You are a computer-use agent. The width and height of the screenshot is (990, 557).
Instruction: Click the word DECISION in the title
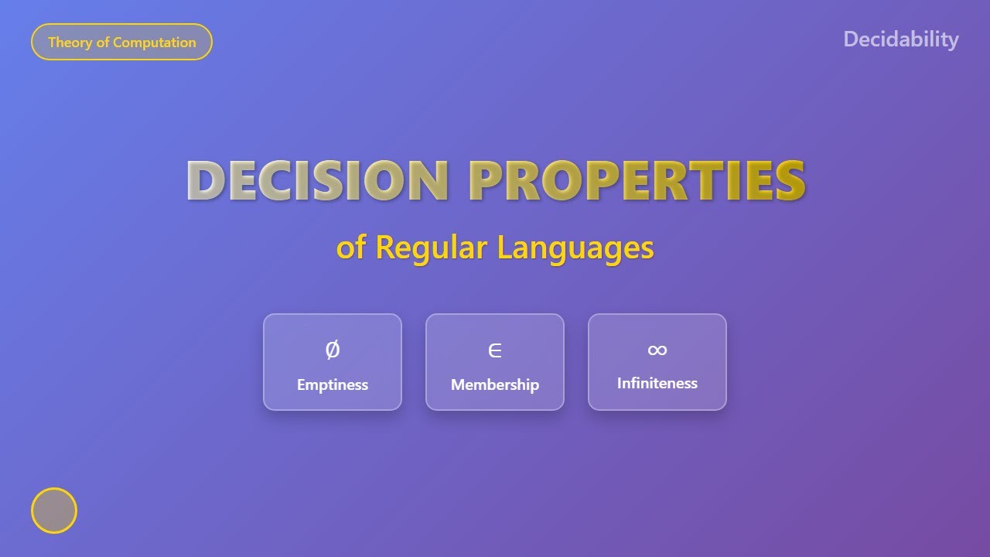coord(317,180)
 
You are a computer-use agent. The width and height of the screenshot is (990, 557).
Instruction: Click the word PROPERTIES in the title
coord(637,180)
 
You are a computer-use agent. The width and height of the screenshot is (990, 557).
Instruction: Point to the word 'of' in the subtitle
coord(350,248)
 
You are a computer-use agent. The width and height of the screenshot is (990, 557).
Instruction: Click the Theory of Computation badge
coord(121,42)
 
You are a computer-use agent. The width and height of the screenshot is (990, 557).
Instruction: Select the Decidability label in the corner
coord(900,39)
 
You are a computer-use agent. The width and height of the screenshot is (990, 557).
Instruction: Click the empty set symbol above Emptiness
coord(332,350)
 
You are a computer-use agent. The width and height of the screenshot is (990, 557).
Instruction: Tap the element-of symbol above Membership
coord(495,351)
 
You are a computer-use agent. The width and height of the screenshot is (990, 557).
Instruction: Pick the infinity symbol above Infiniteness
coord(657,350)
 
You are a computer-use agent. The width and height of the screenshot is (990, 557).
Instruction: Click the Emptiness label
coord(333,384)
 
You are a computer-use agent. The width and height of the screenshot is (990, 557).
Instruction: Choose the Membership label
coord(495,384)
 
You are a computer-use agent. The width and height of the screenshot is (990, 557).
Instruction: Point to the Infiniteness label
coord(657,383)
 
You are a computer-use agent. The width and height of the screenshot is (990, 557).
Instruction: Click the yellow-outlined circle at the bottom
coord(54,511)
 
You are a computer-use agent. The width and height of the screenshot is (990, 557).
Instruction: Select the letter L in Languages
coord(504,248)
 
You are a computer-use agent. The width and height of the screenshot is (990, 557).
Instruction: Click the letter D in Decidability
coord(851,39)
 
